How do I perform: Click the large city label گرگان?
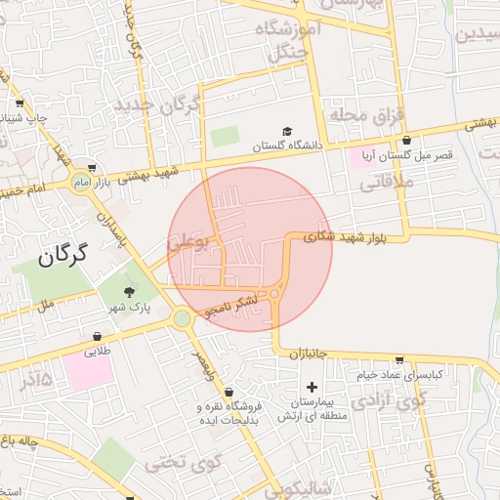(62, 256)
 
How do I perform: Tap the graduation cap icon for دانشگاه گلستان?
(287, 131)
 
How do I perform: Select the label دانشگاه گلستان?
(287, 146)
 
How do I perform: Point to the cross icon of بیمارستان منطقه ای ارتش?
(312, 388)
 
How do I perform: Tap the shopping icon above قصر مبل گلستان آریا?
(404, 141)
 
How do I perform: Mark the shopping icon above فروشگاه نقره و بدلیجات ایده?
(229, 393)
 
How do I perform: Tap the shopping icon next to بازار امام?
(92, 167)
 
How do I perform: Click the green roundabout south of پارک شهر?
(182, 318)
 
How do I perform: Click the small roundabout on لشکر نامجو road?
(277, 293)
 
